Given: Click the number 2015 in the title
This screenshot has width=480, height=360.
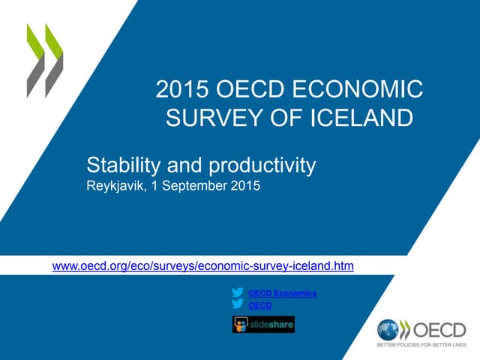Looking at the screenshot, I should tap(177, 91).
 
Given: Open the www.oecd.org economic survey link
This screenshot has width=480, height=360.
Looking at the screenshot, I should tap(202, 265).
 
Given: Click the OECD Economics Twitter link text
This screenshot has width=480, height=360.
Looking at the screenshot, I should tap(282, 293).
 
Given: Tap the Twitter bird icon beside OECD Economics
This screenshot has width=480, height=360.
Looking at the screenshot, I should tap(238, 293).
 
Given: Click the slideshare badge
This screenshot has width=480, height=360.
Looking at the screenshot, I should tap(263, 324).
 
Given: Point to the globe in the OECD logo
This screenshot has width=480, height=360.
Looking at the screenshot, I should tap(388, 330).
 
